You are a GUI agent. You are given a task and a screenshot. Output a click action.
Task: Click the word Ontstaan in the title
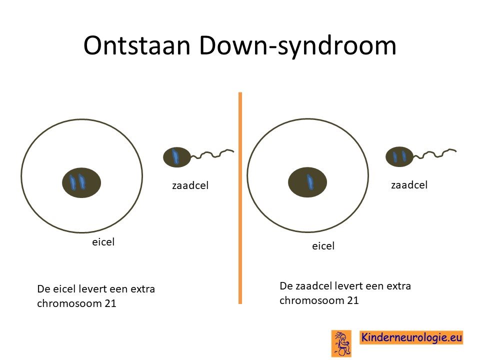137,45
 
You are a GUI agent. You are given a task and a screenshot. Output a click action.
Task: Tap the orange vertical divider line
240,198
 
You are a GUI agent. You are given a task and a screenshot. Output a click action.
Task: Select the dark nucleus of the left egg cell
81,182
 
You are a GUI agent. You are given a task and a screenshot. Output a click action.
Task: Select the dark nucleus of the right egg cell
307,182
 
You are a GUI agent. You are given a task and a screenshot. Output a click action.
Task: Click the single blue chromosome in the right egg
310,181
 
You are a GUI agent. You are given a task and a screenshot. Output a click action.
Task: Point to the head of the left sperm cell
177,157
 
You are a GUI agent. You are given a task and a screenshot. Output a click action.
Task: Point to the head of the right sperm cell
399,156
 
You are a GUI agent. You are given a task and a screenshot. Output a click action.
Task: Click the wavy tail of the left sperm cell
212,153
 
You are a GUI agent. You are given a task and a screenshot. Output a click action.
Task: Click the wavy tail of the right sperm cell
434,153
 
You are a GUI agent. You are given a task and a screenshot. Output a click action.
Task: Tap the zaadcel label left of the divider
190,185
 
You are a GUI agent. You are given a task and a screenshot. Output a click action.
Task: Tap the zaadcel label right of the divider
409,185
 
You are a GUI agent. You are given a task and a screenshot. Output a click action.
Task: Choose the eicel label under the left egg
103,242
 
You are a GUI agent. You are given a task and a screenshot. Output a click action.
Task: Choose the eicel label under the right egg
323,246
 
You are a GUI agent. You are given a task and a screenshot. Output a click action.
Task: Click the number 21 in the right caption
352,300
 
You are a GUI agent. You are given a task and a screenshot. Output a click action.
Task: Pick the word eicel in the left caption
65,289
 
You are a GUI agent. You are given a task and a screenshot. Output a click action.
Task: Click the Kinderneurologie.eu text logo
411,337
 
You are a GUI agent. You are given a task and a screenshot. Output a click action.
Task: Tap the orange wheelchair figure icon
341,343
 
